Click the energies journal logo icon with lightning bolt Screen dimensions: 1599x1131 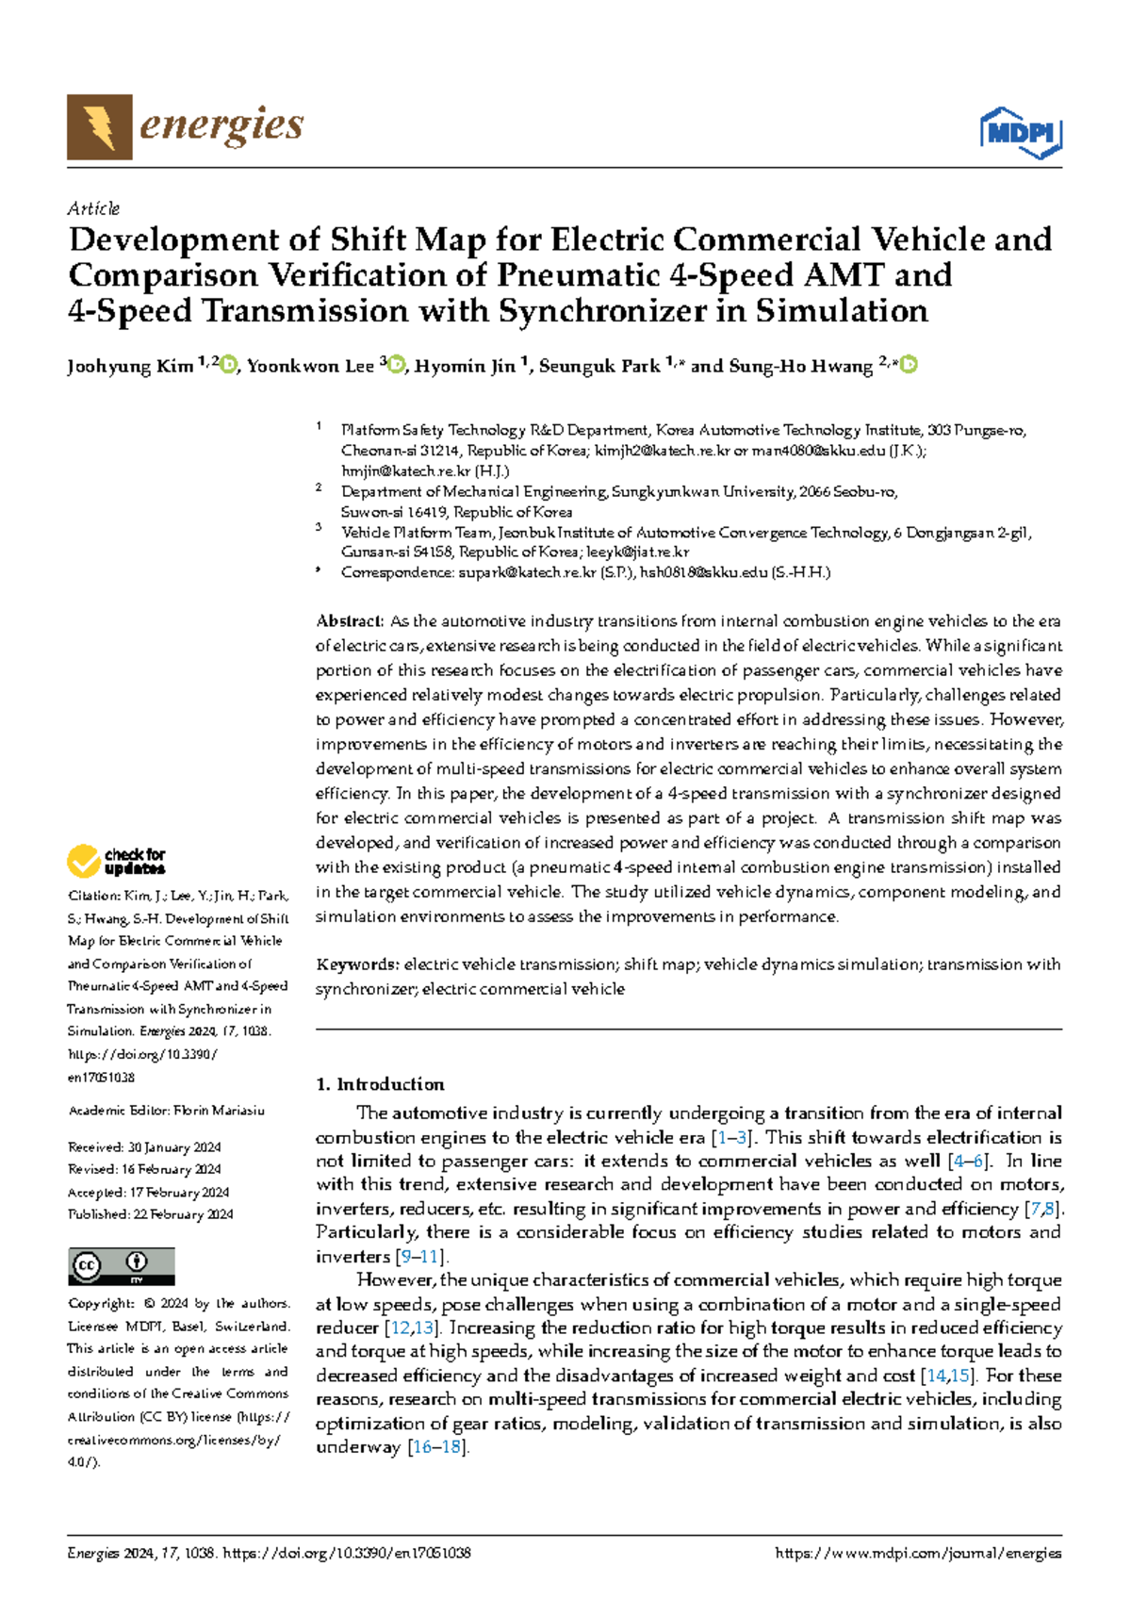pyautogui.click(x=99, y=126)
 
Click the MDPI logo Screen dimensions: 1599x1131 pyautogui.click(x=1022, y=133)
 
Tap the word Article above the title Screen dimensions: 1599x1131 pyautogui.click(x=93, y=208)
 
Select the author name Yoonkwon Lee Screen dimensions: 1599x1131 pyautogui.click(x=310, y=367)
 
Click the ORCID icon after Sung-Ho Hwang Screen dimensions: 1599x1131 pyautogui.click(x=909, y=365)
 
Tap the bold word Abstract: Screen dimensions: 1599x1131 pyautogui.click(x=350, y=621)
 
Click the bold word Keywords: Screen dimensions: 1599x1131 pyautogui.click(x=357, y=964)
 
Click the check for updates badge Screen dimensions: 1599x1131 pyautogui.click(x=116, y=861)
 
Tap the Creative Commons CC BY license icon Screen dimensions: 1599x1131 pyautogui.click(x=121, y=1265)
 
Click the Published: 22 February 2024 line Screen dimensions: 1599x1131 pyautogui.click(x=150, y=1214)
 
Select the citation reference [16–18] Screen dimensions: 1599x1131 pyautogui.click(x=437, y=1447)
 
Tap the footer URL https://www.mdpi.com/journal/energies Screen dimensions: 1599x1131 pyautogui.click(x=917, y=1553)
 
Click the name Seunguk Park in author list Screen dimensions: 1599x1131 pyautogui.click(x=598, y=367)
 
